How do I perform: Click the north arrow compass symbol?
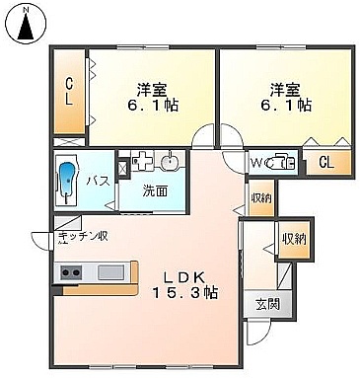(x=27, y=25)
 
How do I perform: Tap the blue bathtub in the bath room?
(x=68, y=181)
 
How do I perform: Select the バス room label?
(x=98, y=181)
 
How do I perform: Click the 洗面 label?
(x=155, y=191)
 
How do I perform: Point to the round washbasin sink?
(x=170, y=162)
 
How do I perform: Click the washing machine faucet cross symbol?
(x=141, y=161)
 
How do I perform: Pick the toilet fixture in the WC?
(x=281, y=161)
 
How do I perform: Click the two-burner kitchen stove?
(x=71, y=272)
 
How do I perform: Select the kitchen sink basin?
(x=111, y=272)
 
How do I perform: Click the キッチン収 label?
(x=83, y=236)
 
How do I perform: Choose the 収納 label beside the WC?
(x=261, y=198)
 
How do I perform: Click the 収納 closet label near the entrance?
(x=295, y=239)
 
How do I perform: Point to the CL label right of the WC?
(x=326, y=162)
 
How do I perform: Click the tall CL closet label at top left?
(x=69, y=92)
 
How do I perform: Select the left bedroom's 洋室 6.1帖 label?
(x=153, y=98)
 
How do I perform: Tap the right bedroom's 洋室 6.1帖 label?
(x=286, y=98)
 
